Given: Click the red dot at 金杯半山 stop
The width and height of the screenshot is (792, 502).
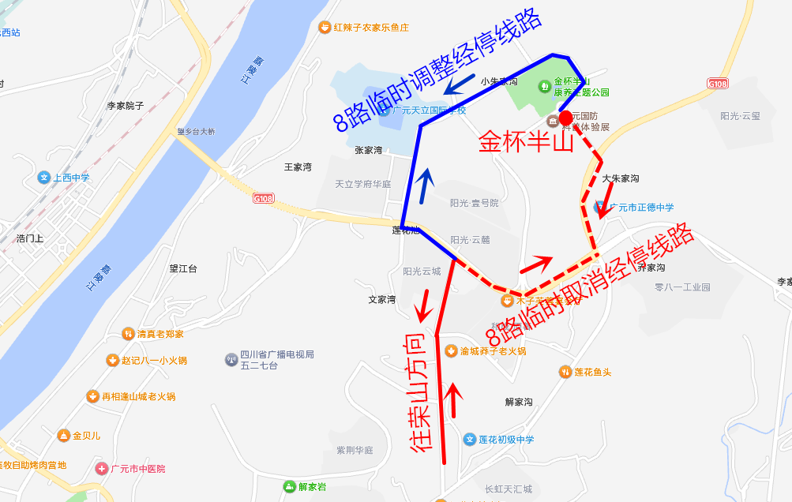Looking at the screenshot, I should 565,118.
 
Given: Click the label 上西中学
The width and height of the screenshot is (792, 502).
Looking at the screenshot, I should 71,178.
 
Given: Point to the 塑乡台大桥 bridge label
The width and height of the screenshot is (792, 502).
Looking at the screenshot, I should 196,132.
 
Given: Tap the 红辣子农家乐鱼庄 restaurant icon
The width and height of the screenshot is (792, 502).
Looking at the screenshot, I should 324,28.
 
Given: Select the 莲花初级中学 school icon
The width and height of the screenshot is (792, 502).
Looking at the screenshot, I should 470,440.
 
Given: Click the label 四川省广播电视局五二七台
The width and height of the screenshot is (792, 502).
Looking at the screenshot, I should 276,360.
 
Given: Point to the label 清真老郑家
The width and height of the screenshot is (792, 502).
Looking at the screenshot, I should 160,334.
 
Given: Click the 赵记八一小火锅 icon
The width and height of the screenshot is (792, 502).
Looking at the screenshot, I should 112,361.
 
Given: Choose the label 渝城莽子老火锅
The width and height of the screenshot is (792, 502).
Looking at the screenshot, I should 493,351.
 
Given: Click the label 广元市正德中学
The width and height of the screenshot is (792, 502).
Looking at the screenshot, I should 640,208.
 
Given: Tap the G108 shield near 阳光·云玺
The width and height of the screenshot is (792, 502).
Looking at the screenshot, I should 718,83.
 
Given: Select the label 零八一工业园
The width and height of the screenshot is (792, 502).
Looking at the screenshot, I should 682,287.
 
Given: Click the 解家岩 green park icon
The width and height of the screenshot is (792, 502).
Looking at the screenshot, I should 289,487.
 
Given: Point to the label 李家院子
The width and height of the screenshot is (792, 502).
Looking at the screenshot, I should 126,105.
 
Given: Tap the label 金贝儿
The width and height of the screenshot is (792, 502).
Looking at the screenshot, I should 86,435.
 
